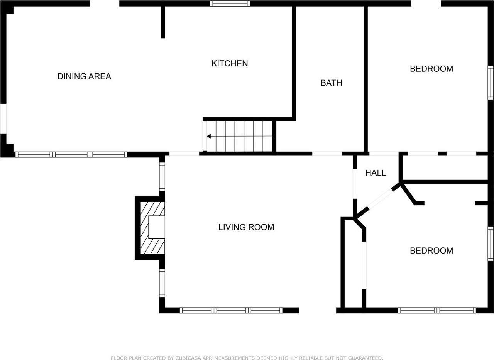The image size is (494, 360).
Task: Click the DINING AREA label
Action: pyautogui.click(x=84, y=76)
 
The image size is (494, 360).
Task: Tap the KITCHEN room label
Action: pyautogui.click(x=229, y=63)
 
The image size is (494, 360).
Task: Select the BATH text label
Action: pyautogui.click(x=331, y=83)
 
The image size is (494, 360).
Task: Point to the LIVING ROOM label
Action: pyautogui.click(x=246, y=227)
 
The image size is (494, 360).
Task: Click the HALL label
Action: pyautogui.click(x=376, y=173)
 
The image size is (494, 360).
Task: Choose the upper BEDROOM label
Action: pyautogui.click(x=431, y=69)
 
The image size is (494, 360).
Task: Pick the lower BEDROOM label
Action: pyautogui.click(x=431, y=250)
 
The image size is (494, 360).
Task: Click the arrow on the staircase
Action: pyautogui.click(x=209, y=136)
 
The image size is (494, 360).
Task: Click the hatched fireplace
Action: pyautogui.click(x=152, y=228)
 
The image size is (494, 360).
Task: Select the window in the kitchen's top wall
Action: pyautogui.click(x=230, y=3)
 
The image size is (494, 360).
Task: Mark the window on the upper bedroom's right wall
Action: pyautogui.click(x=491, y=83)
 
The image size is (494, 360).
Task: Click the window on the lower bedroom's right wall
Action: pyautogui.click(x=491, y=244)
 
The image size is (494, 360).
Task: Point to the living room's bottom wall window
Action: pyautogui.click(x=231, y=310)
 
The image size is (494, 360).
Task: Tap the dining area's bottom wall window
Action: pyautogui.click(x=71, y=155)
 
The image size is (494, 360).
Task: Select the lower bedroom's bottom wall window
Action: pyautogui.click(x=436, y=310)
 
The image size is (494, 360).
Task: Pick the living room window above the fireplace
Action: pyautogui.click(x=162, y=177)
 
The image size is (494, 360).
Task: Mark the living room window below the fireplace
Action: pyautogui.click(x=162, y=283)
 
